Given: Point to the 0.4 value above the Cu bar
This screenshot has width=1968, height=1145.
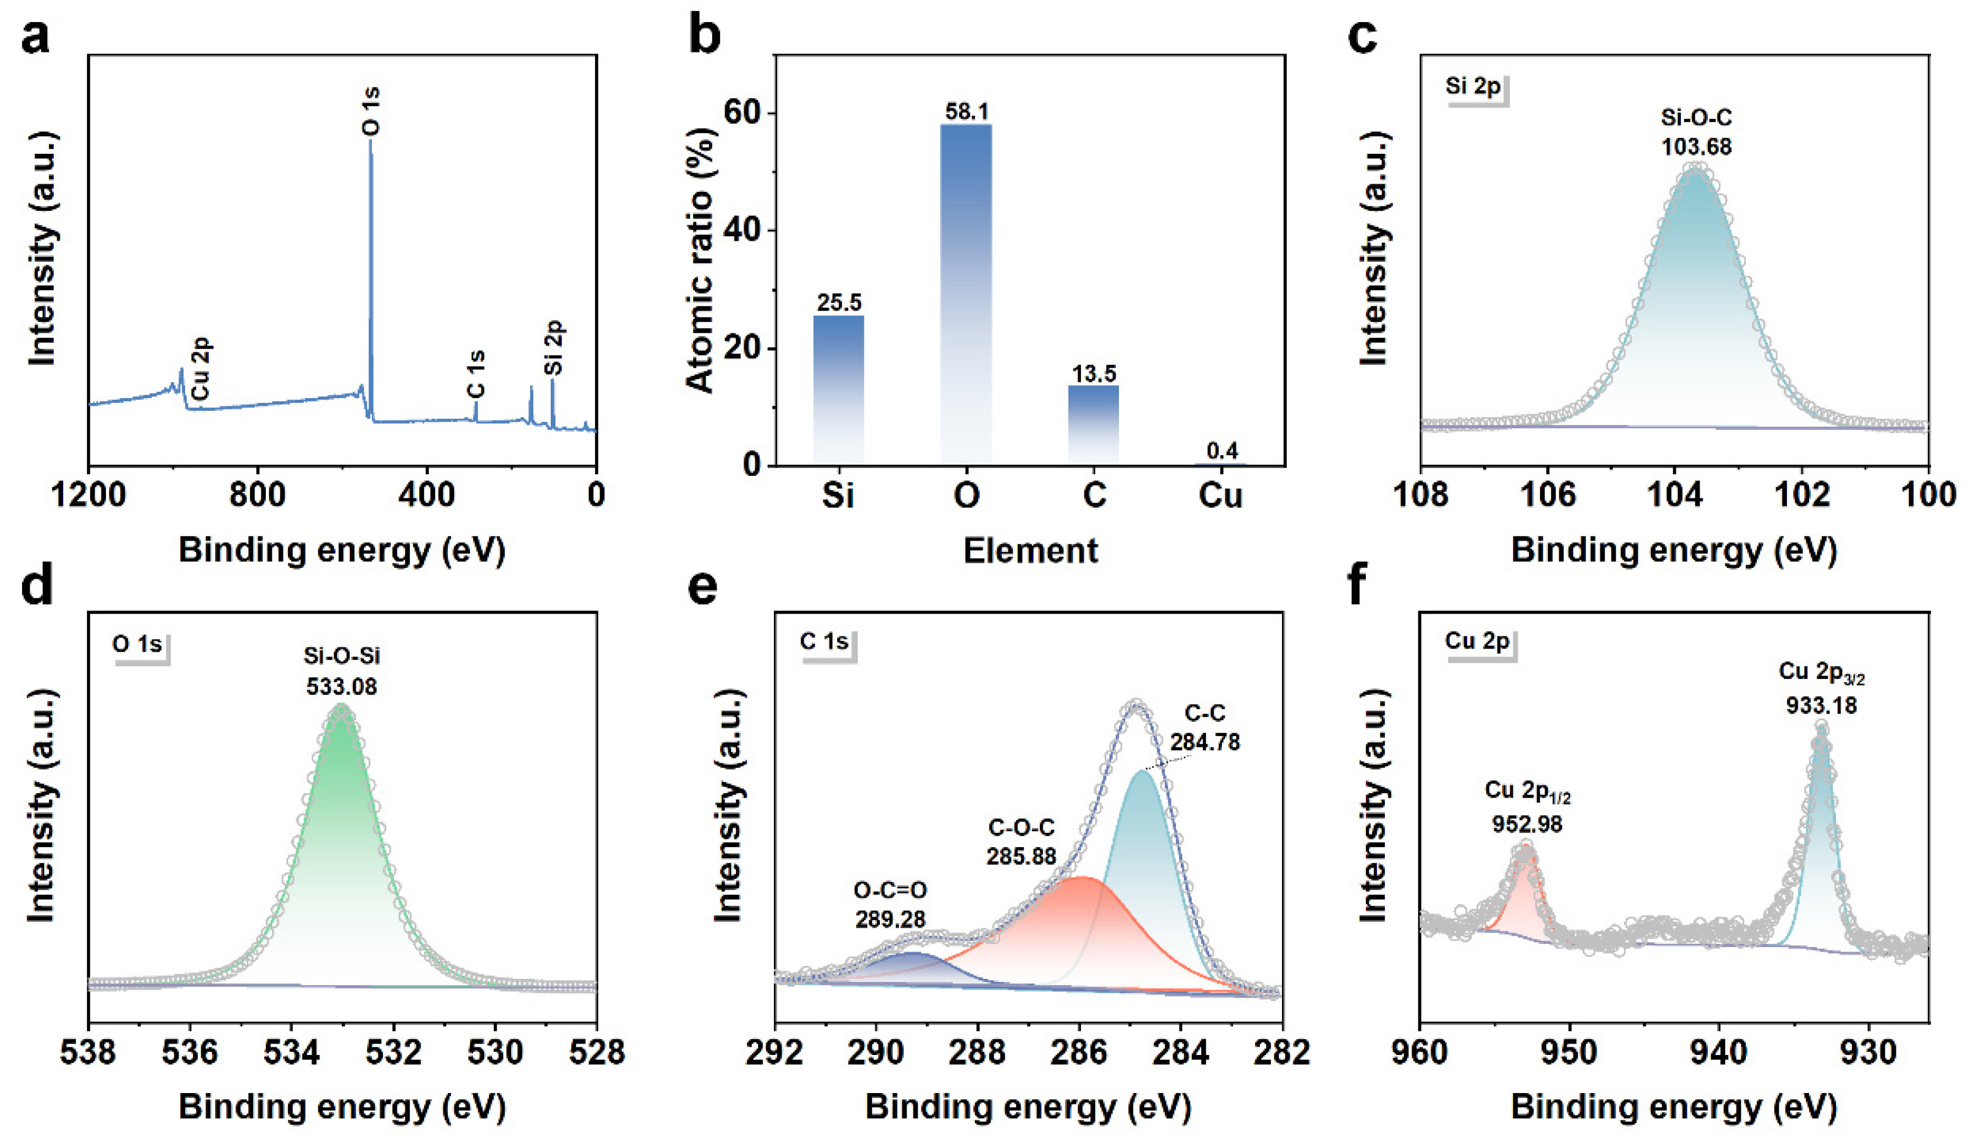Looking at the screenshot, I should click(x=1222, y=451).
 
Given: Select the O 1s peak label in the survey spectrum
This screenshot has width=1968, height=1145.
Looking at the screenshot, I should click(x=372, y=111).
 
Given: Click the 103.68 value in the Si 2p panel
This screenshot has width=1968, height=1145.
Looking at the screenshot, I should click(x=1696, y=147).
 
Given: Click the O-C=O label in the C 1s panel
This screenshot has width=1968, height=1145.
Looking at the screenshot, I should click(x=890, y=890).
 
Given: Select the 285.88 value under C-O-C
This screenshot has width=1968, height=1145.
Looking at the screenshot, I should click(x=1021, y=856).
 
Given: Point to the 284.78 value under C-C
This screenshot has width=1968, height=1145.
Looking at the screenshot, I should click(x=1204, y=741).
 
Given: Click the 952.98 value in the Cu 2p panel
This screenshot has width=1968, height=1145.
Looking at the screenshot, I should click(x=1527, y=824).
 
